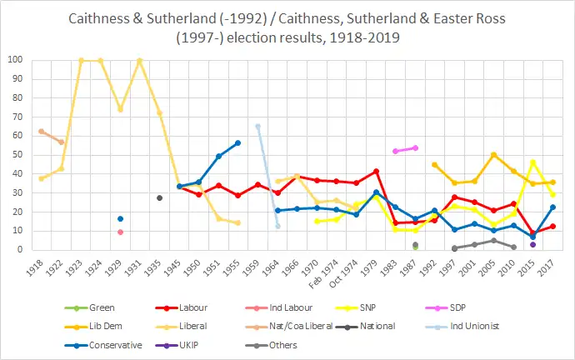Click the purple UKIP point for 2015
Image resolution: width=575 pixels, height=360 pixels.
click(x=532, y=244)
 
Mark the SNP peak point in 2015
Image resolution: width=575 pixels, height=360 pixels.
click(x=532, y=162)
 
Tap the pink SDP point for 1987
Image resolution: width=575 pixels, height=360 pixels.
click(x=415, y=147)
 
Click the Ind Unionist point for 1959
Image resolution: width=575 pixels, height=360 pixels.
click(x=257, y=126)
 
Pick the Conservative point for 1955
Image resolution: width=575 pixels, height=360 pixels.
click(x=237, y=142)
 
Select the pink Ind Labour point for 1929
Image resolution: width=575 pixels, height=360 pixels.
click(x=121, y=232)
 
